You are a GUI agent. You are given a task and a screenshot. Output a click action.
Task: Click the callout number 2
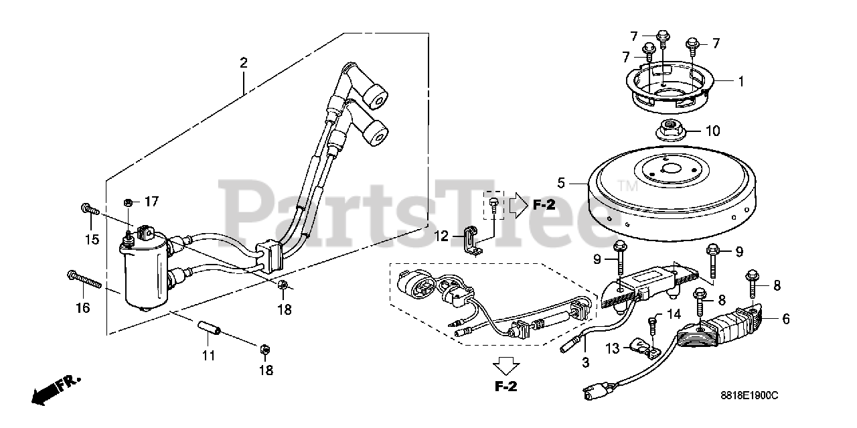tap(244, 64)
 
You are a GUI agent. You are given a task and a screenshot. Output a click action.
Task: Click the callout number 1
tap(741, 82)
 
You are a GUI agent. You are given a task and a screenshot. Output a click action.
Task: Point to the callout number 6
tap(786, 319)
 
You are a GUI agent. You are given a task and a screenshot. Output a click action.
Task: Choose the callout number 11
tap(209, 356)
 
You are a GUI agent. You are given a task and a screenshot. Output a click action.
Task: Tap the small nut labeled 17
tap(128, 202)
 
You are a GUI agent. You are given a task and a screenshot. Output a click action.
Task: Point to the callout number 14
tap(674, 313)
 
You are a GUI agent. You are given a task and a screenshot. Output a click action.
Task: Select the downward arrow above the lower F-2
tap(505, 365)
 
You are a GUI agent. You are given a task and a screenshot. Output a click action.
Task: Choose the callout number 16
tap(82, 307)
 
